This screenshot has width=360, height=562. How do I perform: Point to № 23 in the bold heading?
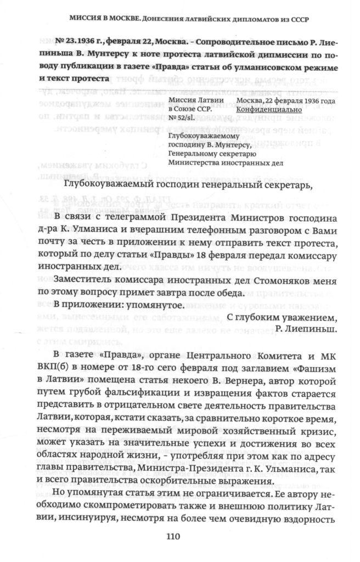pyautogui.click(x=69, y=43)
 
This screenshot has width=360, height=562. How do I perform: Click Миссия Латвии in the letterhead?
pyautogui.click(x=195, y=100)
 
